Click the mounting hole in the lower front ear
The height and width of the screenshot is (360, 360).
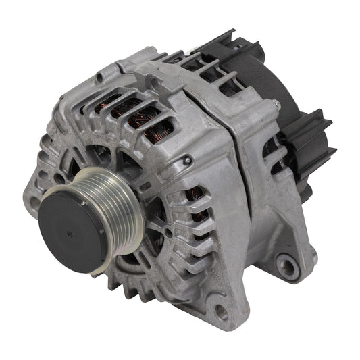point(220,312)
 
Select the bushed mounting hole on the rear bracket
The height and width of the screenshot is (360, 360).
point(288,266)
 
